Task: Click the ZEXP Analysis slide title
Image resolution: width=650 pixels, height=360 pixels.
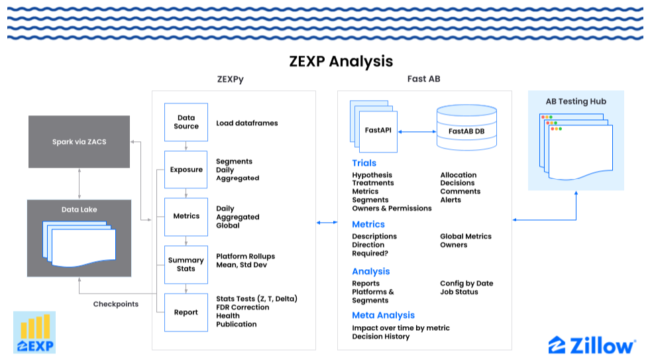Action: (x=341, y=62)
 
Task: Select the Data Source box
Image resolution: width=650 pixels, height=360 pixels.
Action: (x=186, y=122)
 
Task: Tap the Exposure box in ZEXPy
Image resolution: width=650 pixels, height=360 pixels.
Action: (x=186, y=170)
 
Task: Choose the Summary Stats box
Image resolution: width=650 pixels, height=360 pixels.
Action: (x=186, y=265)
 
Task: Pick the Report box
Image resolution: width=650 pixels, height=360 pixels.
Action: (x=186, y=312)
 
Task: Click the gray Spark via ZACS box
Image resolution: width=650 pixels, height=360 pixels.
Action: (x=79, y=141)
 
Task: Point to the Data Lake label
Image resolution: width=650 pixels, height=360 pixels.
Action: (x=79, y=210)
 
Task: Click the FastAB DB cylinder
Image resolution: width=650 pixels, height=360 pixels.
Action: (x=466, y=128)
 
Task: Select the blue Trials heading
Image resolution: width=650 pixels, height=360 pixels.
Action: (x=364, y=163)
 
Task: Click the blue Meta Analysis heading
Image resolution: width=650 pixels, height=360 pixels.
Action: (x=383, y=316)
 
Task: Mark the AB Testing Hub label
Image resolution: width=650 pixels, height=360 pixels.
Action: (x=576, y=101)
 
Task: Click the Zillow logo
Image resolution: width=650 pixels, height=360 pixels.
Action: (x=592, y=345)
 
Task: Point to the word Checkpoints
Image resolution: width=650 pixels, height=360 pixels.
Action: (x=116, y=304)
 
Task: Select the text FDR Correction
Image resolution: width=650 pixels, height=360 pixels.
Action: (x=243, y=308)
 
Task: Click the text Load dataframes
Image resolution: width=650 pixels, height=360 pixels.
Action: (x=246, y=123)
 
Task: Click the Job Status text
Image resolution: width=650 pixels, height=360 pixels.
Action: (x=459, y=292)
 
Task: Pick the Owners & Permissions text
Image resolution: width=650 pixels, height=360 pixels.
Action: (x=392, y=208)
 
